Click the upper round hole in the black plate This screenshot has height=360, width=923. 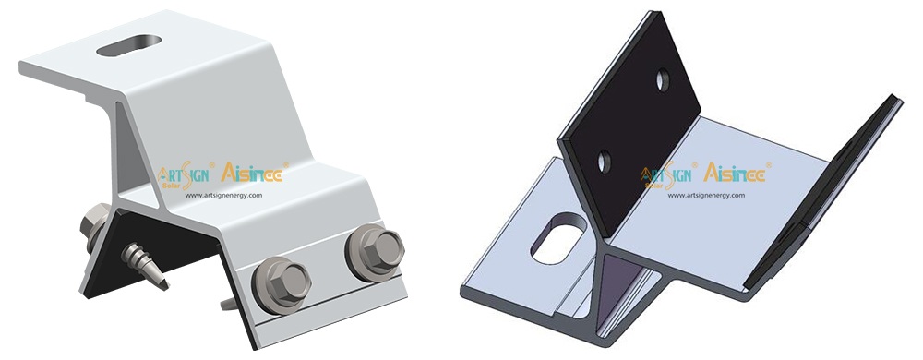(x=663, y=80)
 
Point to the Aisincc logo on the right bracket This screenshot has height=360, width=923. (x=737, y=173)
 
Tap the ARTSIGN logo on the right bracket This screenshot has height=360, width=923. (x=670, y=175)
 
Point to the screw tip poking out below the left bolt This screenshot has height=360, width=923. (x=227, y=306)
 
